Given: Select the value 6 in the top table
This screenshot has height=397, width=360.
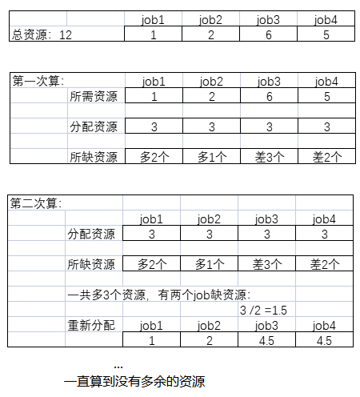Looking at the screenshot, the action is pyautogui.click(x=267, y=35).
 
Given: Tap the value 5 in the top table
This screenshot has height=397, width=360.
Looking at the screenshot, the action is pyautogui.click(x=325, y=35).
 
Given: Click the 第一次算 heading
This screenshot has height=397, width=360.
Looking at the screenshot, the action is pyautogui.click(x=38, y=80).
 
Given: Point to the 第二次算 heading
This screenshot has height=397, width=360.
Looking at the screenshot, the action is pyautogui.click(x=36, y=203).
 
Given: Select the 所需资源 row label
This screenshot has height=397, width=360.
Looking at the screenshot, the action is pyautogui.click(x=94, y=96).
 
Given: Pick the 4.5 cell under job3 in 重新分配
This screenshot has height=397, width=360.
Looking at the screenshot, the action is pyautogui.click(x=267, y=340).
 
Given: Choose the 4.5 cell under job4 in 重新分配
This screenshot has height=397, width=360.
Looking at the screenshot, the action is pyautogui.click(x=325, y=340).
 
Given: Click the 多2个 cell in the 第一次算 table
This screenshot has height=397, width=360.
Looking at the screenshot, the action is pyautogui.click(x=153, y=157).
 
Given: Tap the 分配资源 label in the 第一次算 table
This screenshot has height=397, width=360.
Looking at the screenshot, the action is pyautogui.click(x=94, y=126).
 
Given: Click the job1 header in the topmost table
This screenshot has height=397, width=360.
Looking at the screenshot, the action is pyautogui.click(x=153, y=20).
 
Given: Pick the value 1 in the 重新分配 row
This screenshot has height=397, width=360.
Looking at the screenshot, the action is pyautogui.click(x=153, y=340).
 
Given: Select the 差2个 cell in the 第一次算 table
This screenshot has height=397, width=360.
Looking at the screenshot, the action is pyautogui.click(x=325, y=157).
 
